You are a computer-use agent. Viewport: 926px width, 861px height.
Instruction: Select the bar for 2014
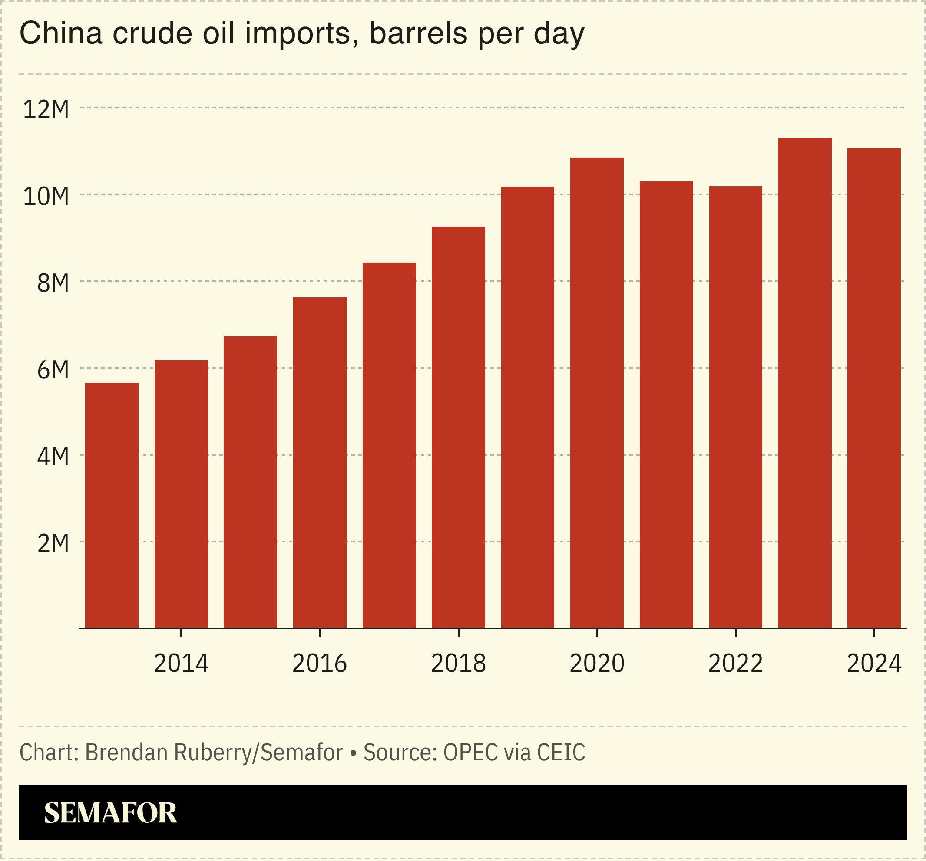pos(181,494)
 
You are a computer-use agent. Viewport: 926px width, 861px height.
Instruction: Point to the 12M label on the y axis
pos(46,110)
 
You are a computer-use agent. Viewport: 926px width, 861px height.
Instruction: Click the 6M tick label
pos(53,370)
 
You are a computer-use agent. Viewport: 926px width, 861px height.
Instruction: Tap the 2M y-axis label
pos(53,543)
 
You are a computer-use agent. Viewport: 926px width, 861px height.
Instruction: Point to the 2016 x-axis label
pos(320,664)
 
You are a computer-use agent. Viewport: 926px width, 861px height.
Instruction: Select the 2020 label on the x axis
pos(597,664)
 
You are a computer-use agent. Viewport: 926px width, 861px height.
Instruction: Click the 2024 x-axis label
pos(874,664)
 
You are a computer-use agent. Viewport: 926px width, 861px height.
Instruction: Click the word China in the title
pos(60,33)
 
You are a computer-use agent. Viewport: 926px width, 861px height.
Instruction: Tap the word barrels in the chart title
pos(418,33)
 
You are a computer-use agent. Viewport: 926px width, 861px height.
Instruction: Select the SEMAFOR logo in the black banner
pos(110,812)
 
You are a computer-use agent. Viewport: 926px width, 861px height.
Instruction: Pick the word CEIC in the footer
pos(561,753)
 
